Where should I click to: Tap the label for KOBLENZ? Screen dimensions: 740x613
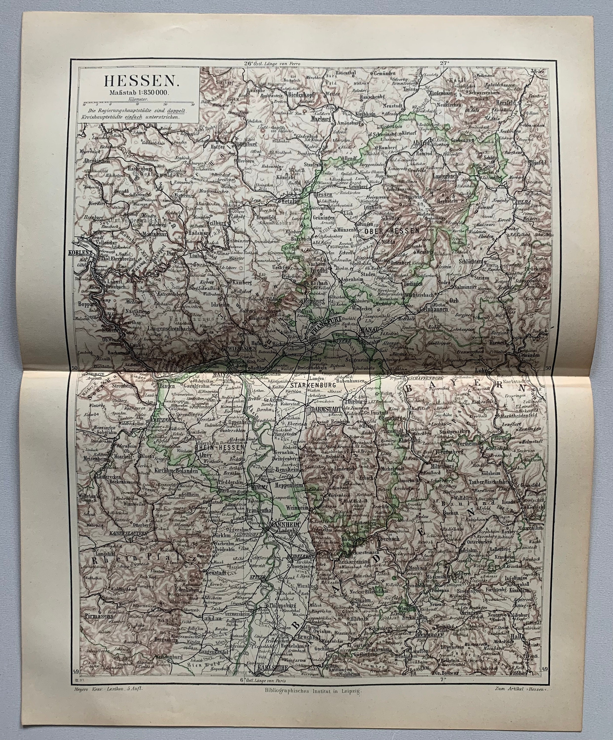[x=81, y=253]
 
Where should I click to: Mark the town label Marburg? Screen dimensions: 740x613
[x=321, y=119]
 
